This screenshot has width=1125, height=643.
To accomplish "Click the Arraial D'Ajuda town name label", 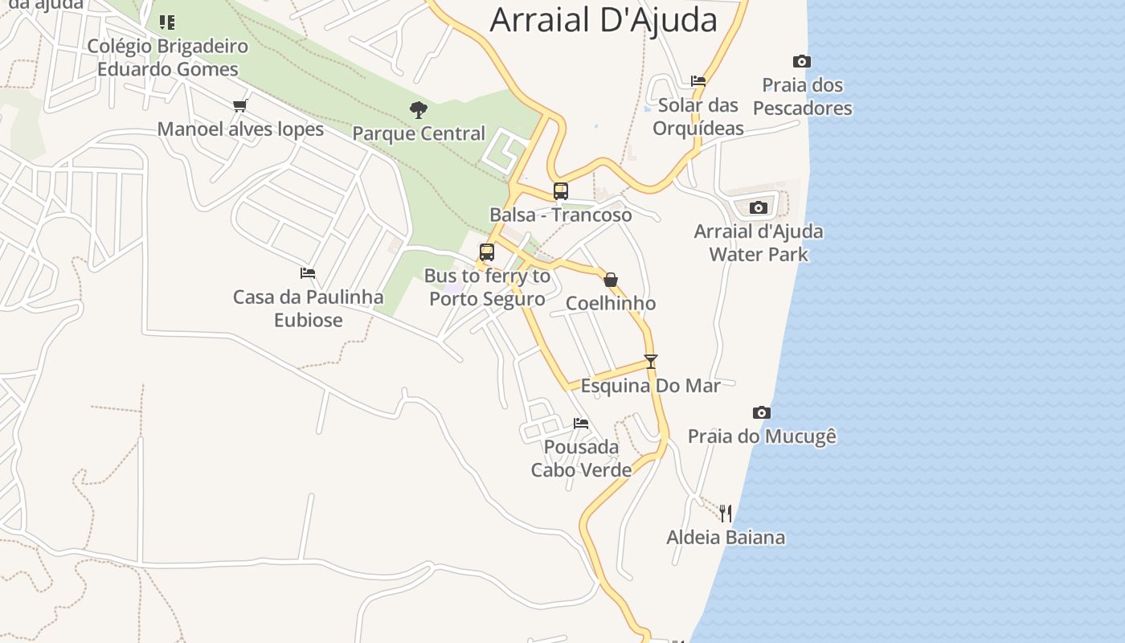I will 603,19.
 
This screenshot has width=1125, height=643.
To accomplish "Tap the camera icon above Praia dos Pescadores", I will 801,62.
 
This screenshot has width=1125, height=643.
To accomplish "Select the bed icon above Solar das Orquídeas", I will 697,81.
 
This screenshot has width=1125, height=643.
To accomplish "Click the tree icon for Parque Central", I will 418,110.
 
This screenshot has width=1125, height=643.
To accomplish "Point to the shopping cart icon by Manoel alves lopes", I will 239,105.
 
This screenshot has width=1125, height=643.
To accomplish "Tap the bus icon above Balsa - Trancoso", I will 560,191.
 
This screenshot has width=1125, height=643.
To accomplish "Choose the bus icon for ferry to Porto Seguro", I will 486,252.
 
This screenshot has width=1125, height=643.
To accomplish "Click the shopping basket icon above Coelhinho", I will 611,280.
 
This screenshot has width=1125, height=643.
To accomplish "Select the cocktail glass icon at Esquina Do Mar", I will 650,362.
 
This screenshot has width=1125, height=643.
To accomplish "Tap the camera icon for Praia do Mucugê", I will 761,413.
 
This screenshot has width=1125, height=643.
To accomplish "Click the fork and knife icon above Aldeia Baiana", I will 725,513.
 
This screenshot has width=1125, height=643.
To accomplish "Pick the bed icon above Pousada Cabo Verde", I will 580,424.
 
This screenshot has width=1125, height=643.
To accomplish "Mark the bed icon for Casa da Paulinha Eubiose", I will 308,273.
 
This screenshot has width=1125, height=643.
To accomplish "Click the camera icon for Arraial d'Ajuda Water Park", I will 758,208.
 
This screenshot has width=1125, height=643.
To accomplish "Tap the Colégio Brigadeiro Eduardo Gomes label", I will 167,57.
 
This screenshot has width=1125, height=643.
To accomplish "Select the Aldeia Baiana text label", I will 725,537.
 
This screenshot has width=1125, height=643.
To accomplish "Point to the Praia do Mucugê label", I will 761,436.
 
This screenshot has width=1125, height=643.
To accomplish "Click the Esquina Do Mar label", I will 650,386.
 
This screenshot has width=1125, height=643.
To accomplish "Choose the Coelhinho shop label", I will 611,303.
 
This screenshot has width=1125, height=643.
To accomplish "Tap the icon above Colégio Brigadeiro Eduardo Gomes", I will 167,22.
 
